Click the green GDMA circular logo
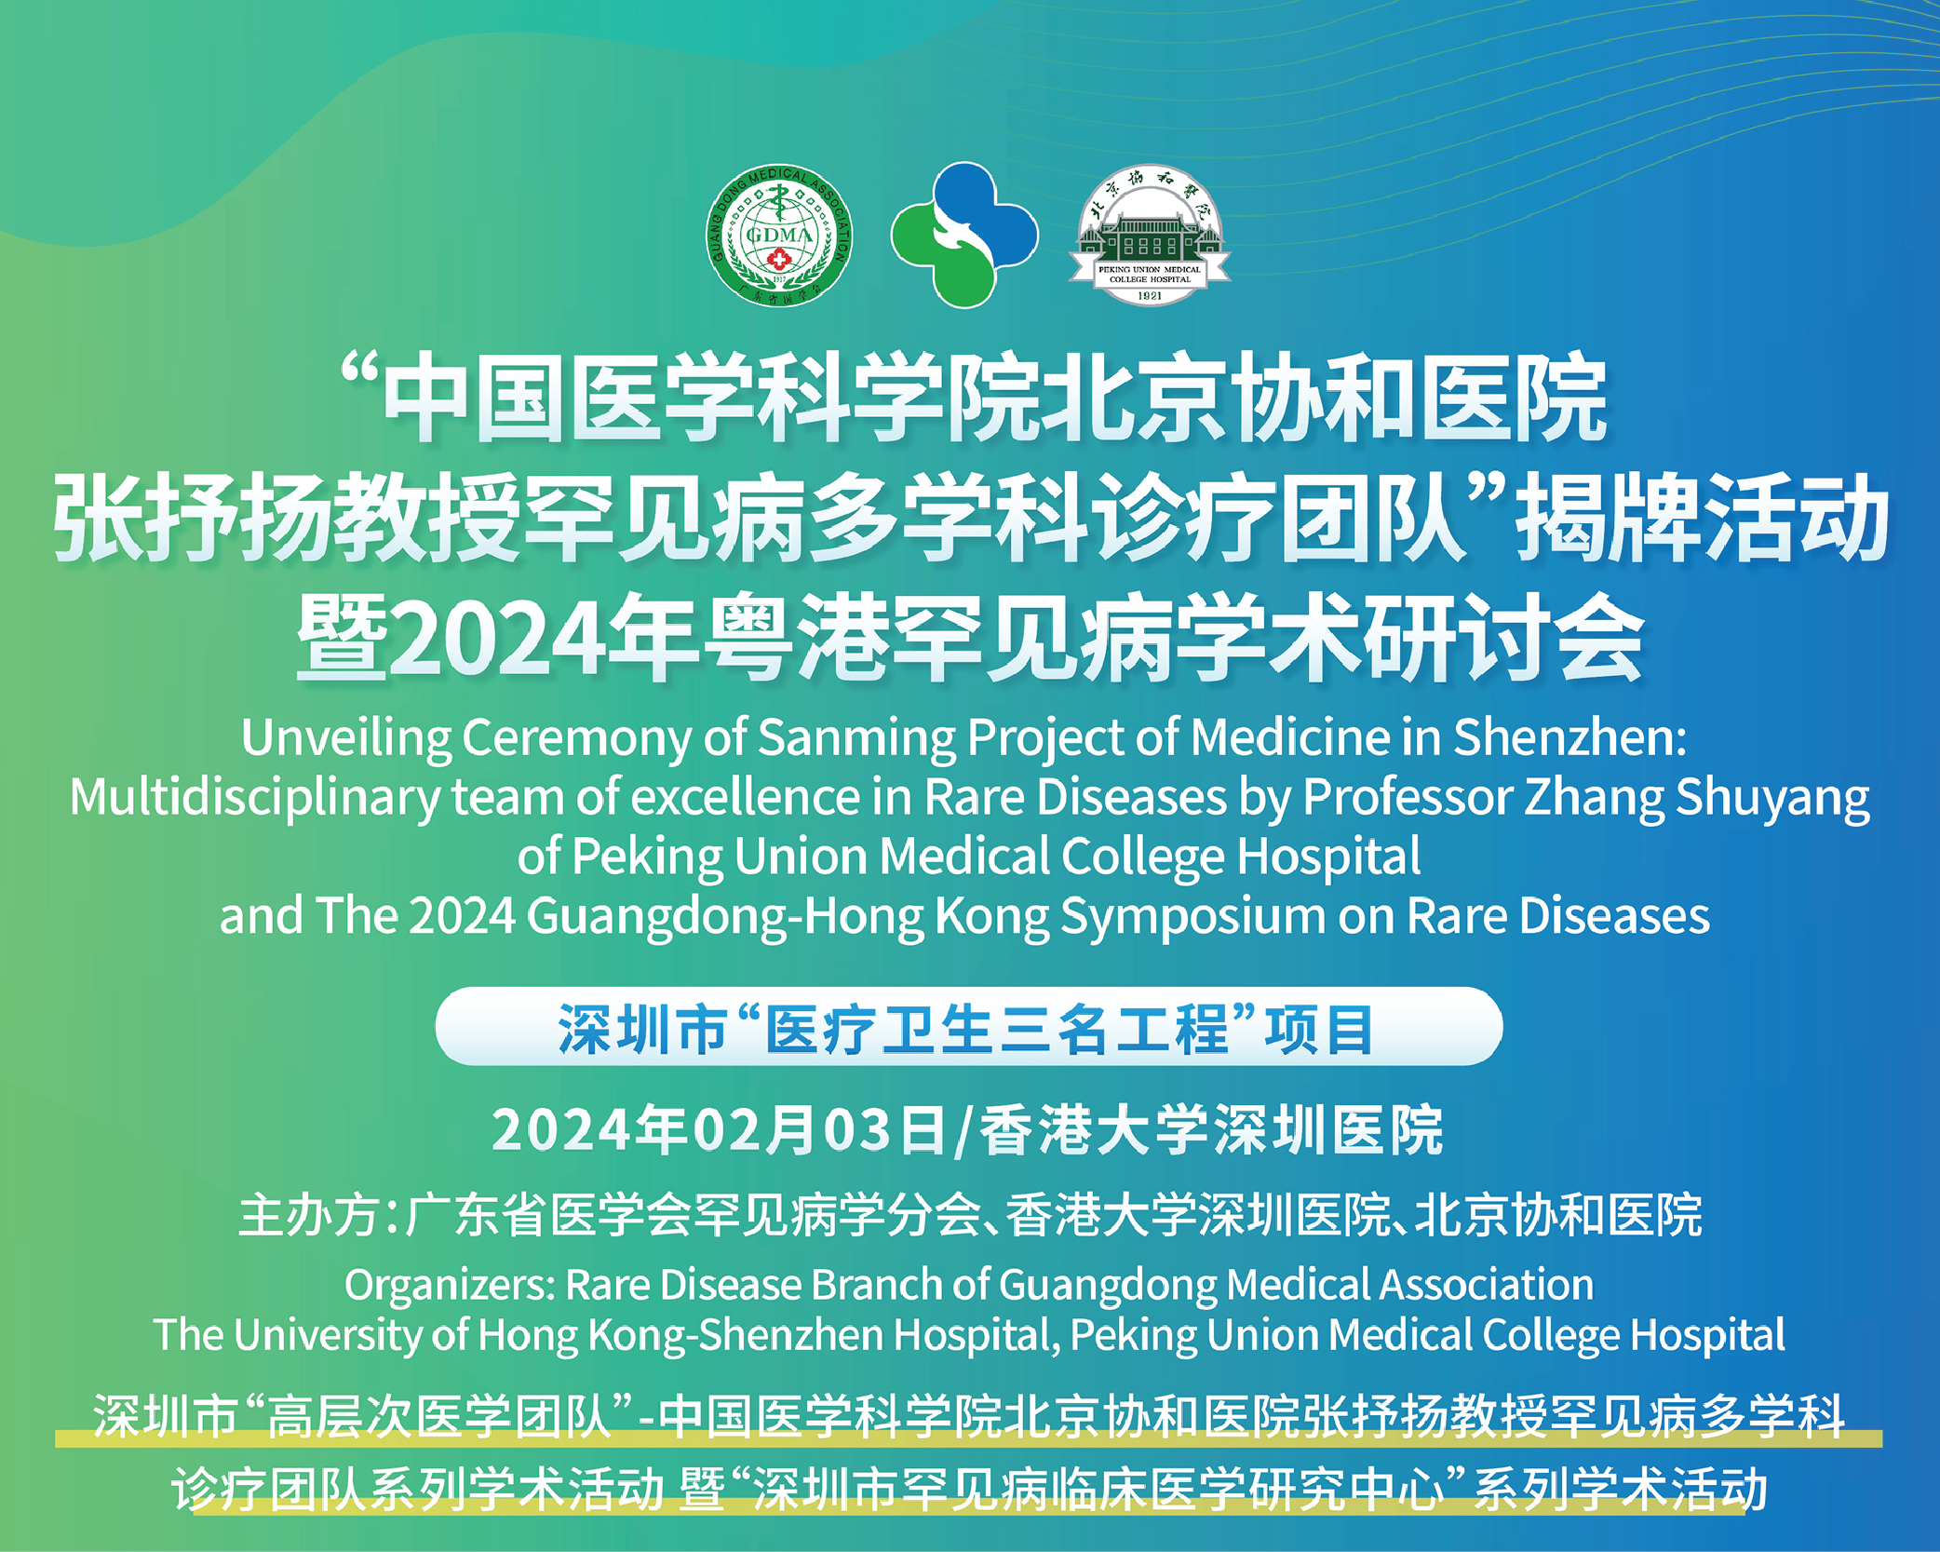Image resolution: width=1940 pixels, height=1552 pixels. point(779,236)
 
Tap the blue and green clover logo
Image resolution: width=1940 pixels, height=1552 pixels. point(964,235)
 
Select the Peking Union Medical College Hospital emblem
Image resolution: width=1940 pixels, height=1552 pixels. point(1150,236)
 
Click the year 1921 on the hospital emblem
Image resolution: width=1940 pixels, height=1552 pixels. point(1150,295)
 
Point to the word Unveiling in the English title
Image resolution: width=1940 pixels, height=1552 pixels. point(346,738)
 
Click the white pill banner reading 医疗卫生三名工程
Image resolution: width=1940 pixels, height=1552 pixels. point(968,1026)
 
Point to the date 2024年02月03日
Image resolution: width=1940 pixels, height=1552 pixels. point(719,1130)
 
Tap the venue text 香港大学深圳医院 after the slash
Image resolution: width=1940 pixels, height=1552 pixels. point(1211,1130)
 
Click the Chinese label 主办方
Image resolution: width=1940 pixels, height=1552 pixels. point(308,1215)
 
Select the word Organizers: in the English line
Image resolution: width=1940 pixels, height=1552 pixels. point(451,1286)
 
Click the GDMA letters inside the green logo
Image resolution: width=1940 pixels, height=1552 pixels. point(779,234)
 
